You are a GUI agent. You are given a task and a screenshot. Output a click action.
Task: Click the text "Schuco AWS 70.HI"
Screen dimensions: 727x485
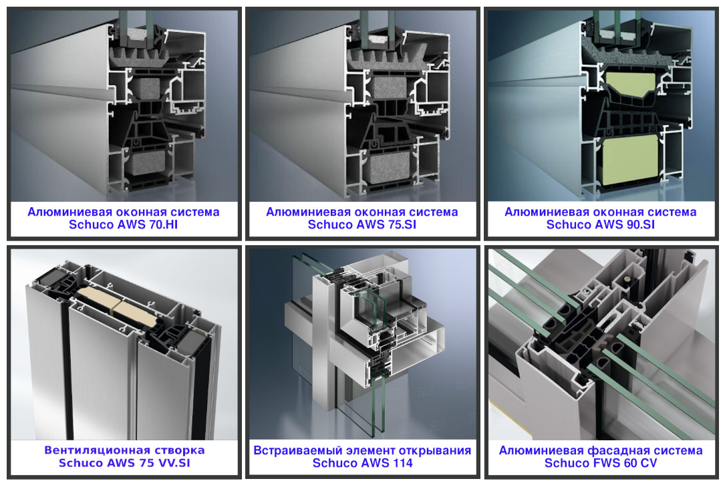click(124, 225)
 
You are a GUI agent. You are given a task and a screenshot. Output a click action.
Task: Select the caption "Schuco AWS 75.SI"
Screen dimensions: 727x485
click(362, 225)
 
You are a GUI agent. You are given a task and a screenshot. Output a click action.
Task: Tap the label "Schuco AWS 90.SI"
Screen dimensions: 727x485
click(601, 225)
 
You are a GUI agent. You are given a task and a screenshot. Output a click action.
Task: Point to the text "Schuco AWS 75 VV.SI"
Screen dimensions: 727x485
click(124, 463)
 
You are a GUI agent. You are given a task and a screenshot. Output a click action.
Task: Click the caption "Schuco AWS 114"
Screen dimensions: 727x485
click(362, 463)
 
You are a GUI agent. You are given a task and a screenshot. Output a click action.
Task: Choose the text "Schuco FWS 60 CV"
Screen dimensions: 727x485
click(601, 463)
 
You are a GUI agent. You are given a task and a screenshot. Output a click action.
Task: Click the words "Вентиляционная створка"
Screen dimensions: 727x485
click(124, 450)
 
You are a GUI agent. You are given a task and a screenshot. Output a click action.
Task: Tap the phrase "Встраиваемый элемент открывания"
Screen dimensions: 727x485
click(362, 450)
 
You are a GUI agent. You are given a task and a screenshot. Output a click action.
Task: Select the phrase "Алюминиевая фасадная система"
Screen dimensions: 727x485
click(601, 450)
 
